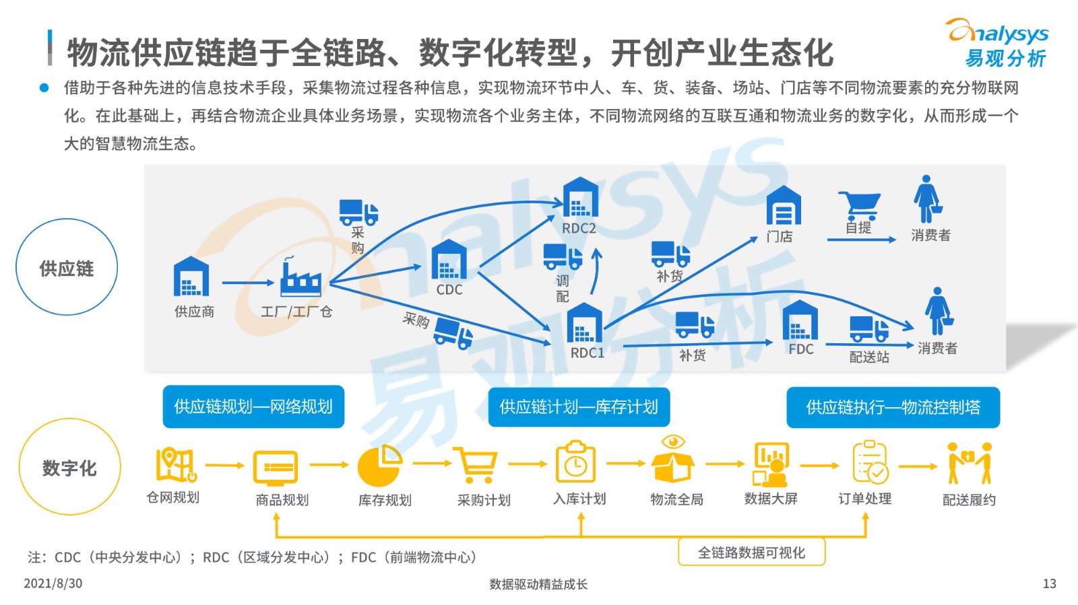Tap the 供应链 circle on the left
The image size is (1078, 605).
[67, 219]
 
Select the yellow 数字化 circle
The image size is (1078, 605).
[70, 419]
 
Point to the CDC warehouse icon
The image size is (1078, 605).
[449, 260]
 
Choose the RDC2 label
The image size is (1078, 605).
[579, 228]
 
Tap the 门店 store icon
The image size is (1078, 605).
[784, 205]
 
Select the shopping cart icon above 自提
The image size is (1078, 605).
[860, 206]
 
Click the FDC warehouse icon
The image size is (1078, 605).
[800, 320]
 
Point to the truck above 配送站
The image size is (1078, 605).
[869, 328]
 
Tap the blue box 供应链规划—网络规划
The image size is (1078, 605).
[253, 406]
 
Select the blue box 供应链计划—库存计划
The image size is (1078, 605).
[579, 407]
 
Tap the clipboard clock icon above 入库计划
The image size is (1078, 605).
[575, 461]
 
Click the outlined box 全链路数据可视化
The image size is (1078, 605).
[752, 553]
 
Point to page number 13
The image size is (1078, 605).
[1050, 583]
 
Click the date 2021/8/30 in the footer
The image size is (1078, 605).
[53, 583]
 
